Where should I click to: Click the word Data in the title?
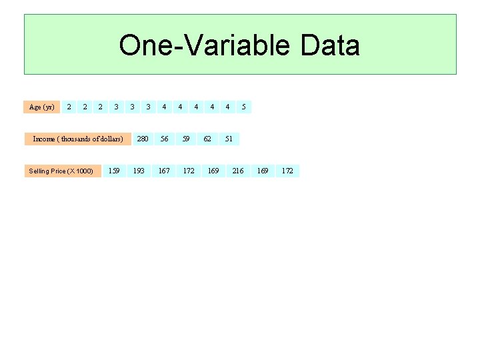click(330, 45)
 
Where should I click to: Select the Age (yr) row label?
click(42, 107)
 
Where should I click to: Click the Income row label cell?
click(78, 139)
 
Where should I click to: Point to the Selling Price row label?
click(61, 171)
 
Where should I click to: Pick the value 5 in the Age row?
click(243, 107)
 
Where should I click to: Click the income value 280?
click(143, 139)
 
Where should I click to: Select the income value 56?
click(164, 139)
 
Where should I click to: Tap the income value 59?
click(186, 139)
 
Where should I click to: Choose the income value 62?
click(207, 139)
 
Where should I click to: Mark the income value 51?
click(229, 139)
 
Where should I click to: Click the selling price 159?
click(114, 171)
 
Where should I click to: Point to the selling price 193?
click(139, 171)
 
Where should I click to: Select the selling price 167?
click(163, 171)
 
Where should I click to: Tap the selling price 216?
click(238, 171)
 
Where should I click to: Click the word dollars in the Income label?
click(109, 139)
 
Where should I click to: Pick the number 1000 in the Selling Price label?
click(83, 171)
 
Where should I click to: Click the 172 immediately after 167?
click(189, 171)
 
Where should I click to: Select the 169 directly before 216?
click(213, 171)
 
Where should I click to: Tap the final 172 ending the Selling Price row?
click(287, 171)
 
